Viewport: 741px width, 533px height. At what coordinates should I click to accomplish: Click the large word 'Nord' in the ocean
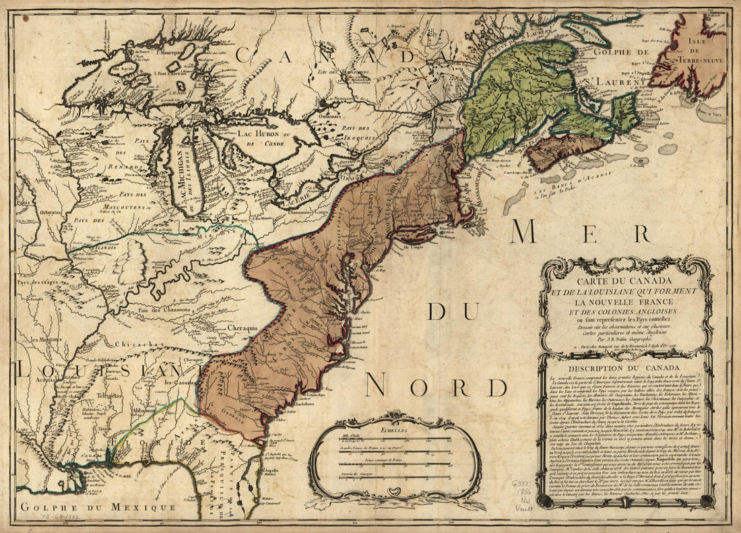click(x=436, y=385)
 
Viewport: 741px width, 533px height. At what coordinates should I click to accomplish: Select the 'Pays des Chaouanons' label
click(x=168, y=309)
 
